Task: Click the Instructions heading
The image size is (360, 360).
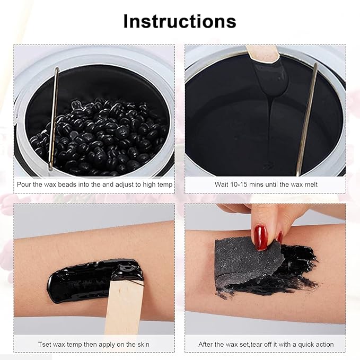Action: tap(180, 21)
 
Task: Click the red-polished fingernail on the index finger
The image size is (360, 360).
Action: tap(260, 237)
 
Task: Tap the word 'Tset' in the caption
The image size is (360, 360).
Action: tap(45, 344)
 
